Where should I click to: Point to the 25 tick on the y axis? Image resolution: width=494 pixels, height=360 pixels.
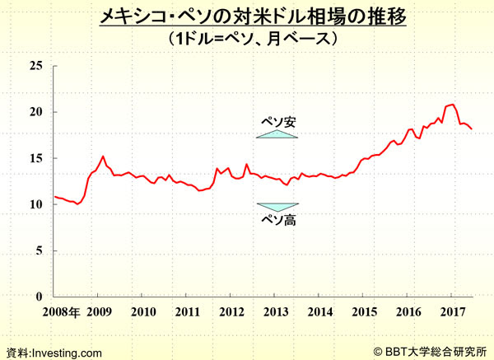pyautogui.click(x=35, y=66)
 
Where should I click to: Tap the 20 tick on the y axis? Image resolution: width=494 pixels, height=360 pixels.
pyautogui.click(x=35, y=112)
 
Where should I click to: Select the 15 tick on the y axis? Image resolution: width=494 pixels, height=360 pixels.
pyautogui.click(x=35, y=158)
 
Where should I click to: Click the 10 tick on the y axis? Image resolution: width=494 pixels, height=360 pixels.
pyautogui.click(x=35, y=204)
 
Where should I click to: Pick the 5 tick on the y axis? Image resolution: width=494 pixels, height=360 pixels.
pyautogui.click(x=39, y=250)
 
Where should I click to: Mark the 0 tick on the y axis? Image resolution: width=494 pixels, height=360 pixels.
pyautogui.click(x=39, y=297)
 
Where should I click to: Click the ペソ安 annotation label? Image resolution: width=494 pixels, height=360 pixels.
pyautogui.click(x=277, y=122)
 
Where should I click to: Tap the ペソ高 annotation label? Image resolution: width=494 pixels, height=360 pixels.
pyautogui.click(x=277, y=220)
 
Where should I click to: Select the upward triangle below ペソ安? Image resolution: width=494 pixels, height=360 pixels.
pyautogui.click(x=277, y=133)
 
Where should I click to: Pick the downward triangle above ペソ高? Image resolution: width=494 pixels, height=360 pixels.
pyautogui.click(x=277, y=207)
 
